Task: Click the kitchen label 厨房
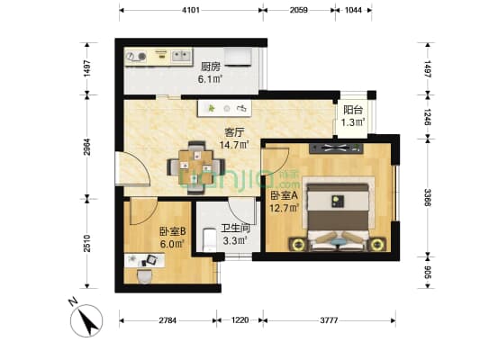[211, 66]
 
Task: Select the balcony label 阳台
[353, 111]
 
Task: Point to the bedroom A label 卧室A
[282, 198]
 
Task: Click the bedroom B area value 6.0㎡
[171, 243]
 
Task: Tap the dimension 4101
[190, 10]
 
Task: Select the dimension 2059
[300, 10]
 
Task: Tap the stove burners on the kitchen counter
[141, 56]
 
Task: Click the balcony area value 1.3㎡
[353, 124]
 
